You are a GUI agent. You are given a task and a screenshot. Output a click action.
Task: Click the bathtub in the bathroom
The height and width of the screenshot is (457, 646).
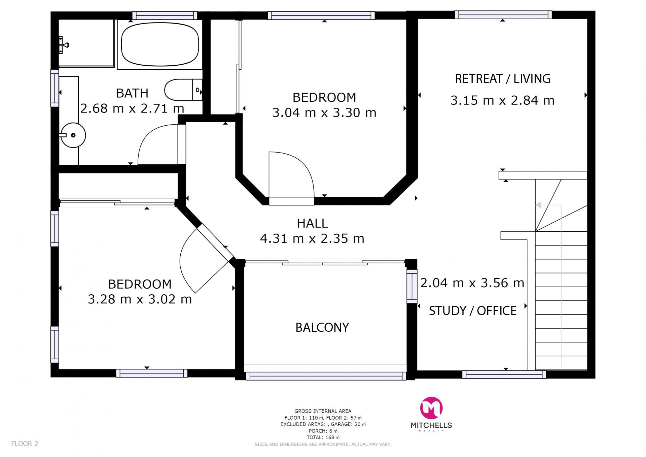[x=160, y=44]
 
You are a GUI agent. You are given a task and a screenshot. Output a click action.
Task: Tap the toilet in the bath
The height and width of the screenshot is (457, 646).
[x=183, y=90]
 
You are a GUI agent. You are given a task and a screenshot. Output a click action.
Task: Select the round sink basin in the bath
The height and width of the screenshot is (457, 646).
[x=73, y=135]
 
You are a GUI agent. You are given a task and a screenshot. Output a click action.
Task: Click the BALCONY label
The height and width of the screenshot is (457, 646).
[x=322, y=327]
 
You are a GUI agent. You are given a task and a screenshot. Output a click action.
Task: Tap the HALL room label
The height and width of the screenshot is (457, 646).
[x=312, y=223]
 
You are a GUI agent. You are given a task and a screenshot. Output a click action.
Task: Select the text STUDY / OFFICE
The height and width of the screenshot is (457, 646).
[x=472, y=311]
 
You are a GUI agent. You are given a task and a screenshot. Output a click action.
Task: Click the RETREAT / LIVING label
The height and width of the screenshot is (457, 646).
[x=503, y=78]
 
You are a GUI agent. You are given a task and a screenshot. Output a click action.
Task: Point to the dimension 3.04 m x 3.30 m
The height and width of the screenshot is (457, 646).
[x=324, y=112]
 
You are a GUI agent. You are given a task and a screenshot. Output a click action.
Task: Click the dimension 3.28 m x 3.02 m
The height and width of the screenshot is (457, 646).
[x=140, y=299]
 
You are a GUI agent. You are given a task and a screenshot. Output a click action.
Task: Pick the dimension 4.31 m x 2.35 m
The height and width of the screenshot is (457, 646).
[x=312, y=238]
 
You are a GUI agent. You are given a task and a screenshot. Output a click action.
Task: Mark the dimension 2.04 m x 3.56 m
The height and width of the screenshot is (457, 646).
[x=472, y=283]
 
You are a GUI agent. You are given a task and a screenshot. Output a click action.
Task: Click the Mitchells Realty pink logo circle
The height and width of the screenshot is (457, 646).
[x=431, y=408]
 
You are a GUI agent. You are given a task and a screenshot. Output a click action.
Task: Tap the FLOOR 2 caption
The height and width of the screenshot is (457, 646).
[x=25, y=444]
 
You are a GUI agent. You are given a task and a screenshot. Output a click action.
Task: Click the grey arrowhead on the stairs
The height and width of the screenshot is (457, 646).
[x=538, y=205]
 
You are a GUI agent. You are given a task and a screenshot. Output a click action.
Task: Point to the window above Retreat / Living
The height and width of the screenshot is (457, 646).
[x=503, y=15]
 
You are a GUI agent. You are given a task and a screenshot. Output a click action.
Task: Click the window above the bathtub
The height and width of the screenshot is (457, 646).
[x=165, y=15]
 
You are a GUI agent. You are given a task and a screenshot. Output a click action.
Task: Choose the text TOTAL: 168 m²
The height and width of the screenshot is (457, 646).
[x=323, y=437]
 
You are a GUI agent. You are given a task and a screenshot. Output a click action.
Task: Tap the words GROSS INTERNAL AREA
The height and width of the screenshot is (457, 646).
[x=323, y=411]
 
